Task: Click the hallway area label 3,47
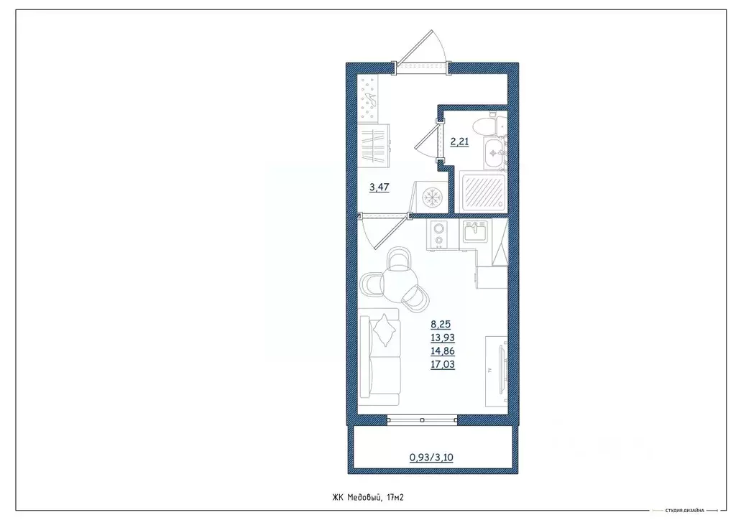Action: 379,188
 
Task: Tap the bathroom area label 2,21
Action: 459,141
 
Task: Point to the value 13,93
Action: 443,338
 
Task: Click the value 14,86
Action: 443,351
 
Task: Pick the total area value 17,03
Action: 443,365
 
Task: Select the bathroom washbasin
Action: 494,152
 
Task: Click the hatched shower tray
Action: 482,190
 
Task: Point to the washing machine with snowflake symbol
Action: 431,196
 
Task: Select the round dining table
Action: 400,280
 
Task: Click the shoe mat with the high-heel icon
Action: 372,98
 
